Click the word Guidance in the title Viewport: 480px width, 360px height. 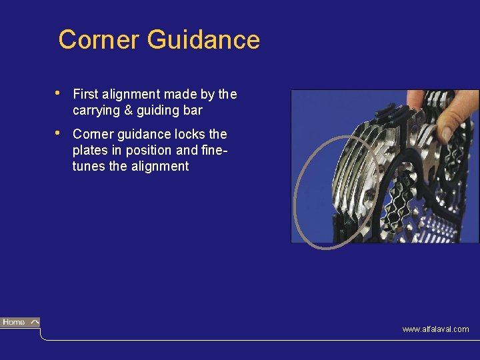tap(203, 40)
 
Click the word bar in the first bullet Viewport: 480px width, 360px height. tap(192, 110)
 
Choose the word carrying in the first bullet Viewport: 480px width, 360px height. tap(97, 110)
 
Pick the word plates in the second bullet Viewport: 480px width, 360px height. tap(89, 150)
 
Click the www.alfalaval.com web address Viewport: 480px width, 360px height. tap(435, 329)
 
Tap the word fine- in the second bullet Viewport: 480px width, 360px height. tap(213, 150)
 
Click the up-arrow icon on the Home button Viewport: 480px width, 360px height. tap(34, 322)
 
